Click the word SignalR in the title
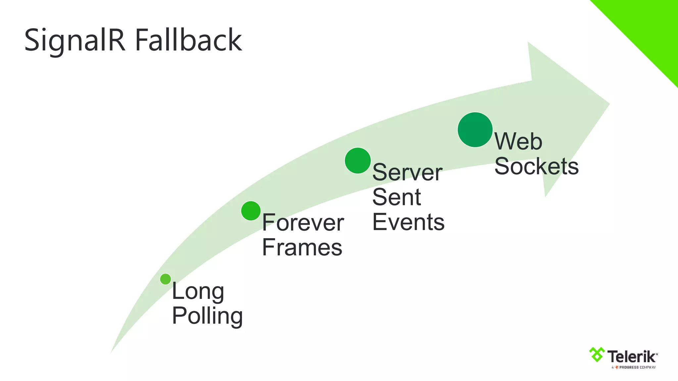(x=75, y=40)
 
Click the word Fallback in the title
(x=188, y=40)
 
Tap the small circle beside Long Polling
(x=166, y=279)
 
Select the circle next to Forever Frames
(x=251, y=211)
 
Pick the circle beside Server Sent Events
(x=358, y=161)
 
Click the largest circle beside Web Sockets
(x=475, y=130)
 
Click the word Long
(x=198, y=292)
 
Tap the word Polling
(x=207, y=316)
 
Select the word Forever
(x=303, y=223)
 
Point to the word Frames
(x=302, y=247)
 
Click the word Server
(x=407, y=173)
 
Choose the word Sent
(x=397, y=197)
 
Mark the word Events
(x=408, y=222)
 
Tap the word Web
(x=518, y=142)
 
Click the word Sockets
(x=536, y=166)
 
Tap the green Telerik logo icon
(x=597, y=355)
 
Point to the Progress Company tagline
(x=634, y=367)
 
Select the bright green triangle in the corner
(x=649, y=30)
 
